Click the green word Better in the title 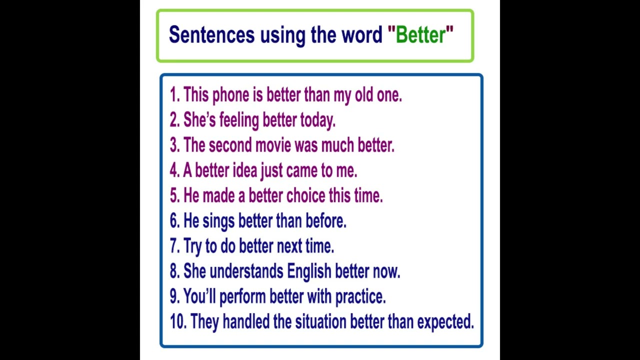[420, 35]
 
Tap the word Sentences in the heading [211, 35]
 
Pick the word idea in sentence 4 [244, 170]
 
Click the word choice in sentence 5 [305, 195]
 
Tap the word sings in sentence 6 [218, 221]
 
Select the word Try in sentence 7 [192, 246]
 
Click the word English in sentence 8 [309, 271]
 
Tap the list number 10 [177, 322]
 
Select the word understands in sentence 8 [246, 271]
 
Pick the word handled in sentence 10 [246, 322]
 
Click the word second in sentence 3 [230, 145]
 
